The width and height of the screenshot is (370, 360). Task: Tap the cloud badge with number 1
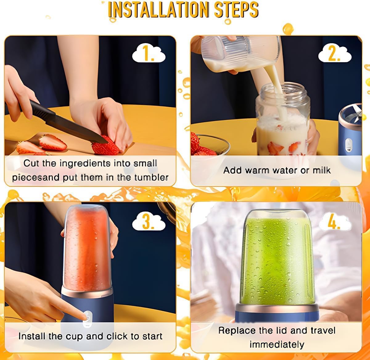[149, 54]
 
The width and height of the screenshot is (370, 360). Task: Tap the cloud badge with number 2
[335, 54]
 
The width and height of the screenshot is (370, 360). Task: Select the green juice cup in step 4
[276, 259]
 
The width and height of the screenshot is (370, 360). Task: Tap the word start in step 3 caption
[152, 336]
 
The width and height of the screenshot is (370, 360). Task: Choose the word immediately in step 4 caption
[277, 344]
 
